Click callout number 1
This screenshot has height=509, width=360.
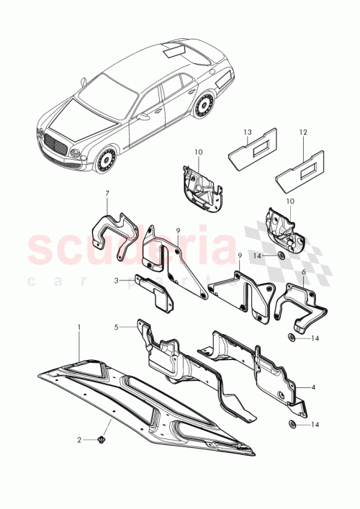point(80,328)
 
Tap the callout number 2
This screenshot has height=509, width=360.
point(81,439)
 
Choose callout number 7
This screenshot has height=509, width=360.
point(107,193)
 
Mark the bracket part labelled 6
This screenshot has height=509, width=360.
point(302,302)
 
